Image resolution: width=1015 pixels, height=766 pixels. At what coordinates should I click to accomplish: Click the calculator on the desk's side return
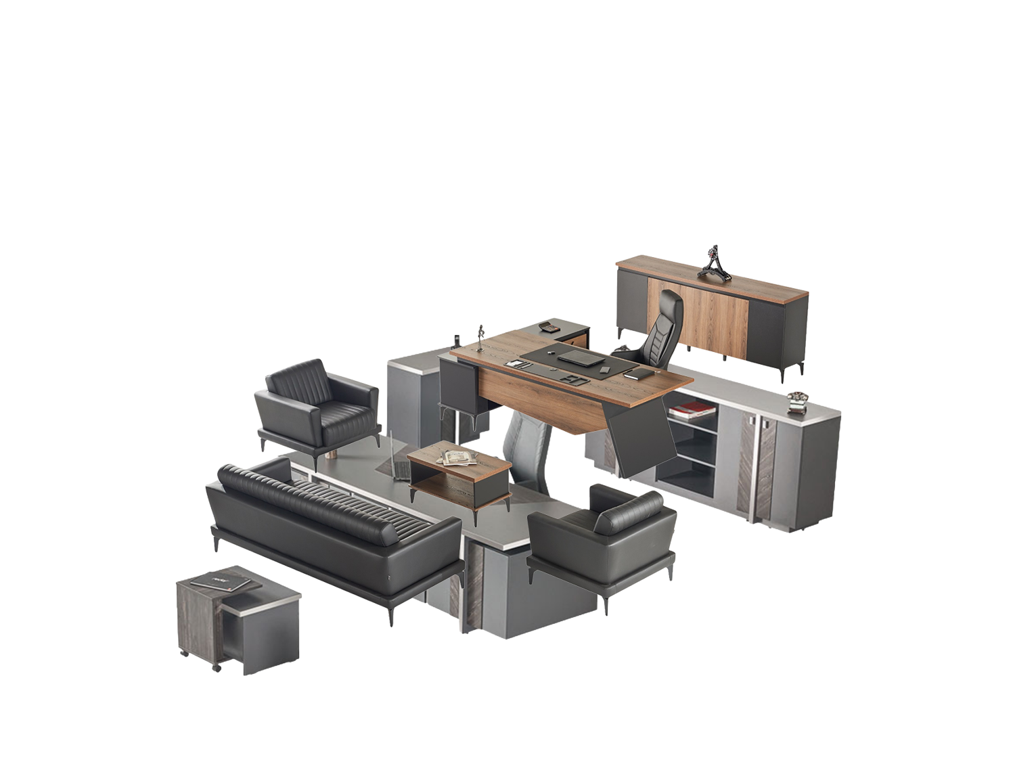(549, 328)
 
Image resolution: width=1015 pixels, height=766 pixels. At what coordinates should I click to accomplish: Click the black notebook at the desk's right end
(639, 374)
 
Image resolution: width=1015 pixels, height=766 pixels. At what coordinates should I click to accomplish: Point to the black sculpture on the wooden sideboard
(715, 263)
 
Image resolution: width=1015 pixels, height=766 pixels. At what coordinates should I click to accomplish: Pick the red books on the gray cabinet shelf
(692, 409)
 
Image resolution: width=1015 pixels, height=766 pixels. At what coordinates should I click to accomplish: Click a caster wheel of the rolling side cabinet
(217, 668)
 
